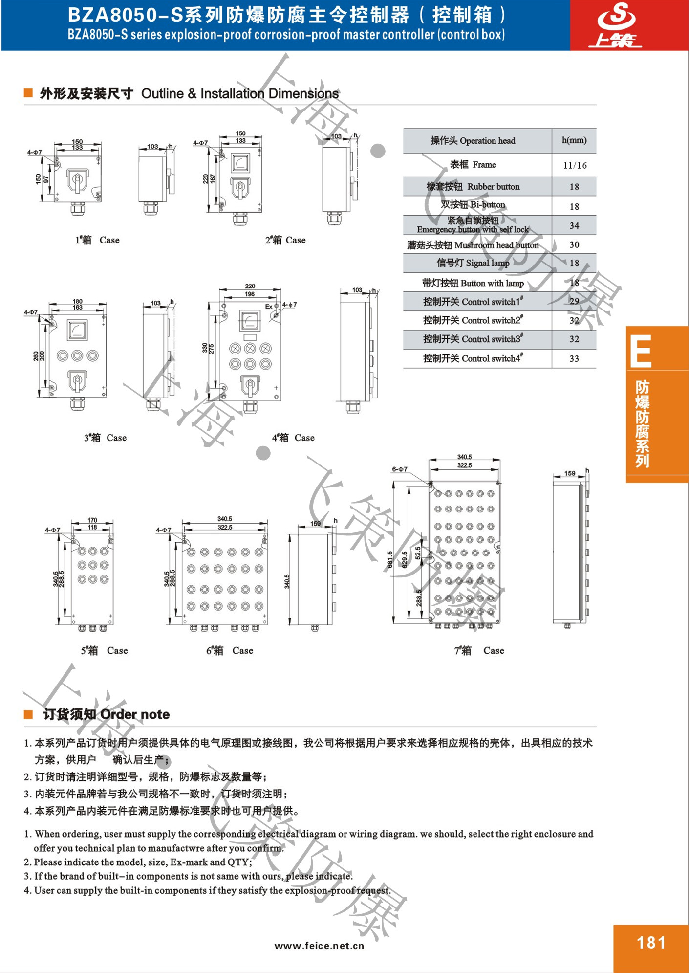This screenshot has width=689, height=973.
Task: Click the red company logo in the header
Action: coord(616,25)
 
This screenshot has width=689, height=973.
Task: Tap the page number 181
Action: coord(651,943)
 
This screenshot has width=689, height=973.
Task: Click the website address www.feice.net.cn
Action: coord(319,946)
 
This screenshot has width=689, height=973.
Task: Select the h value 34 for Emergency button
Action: coord(574,226)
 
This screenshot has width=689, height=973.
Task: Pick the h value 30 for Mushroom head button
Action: coord(574,245)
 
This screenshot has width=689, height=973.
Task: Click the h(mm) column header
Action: coord(574,141)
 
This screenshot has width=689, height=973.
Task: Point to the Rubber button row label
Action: coord(473,187)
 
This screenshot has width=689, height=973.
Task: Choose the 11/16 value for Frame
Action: coord(575,165)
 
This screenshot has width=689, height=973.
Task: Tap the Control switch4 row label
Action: coord(473,358)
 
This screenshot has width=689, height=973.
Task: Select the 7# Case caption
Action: coord(479,651)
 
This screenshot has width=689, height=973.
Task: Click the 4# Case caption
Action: coord(293,438)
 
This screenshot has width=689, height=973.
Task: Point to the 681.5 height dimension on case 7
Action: coord(390,559)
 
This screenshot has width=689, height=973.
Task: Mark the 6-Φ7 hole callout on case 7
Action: coord(399,469)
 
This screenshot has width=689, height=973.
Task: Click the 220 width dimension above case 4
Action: coord(250,286)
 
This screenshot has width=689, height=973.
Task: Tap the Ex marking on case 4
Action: coord(268,307)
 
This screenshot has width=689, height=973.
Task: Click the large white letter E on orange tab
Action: coord(641,351)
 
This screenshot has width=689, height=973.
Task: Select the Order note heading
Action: coord(106,714)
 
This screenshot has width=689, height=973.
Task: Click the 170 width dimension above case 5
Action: coord(92,520)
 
